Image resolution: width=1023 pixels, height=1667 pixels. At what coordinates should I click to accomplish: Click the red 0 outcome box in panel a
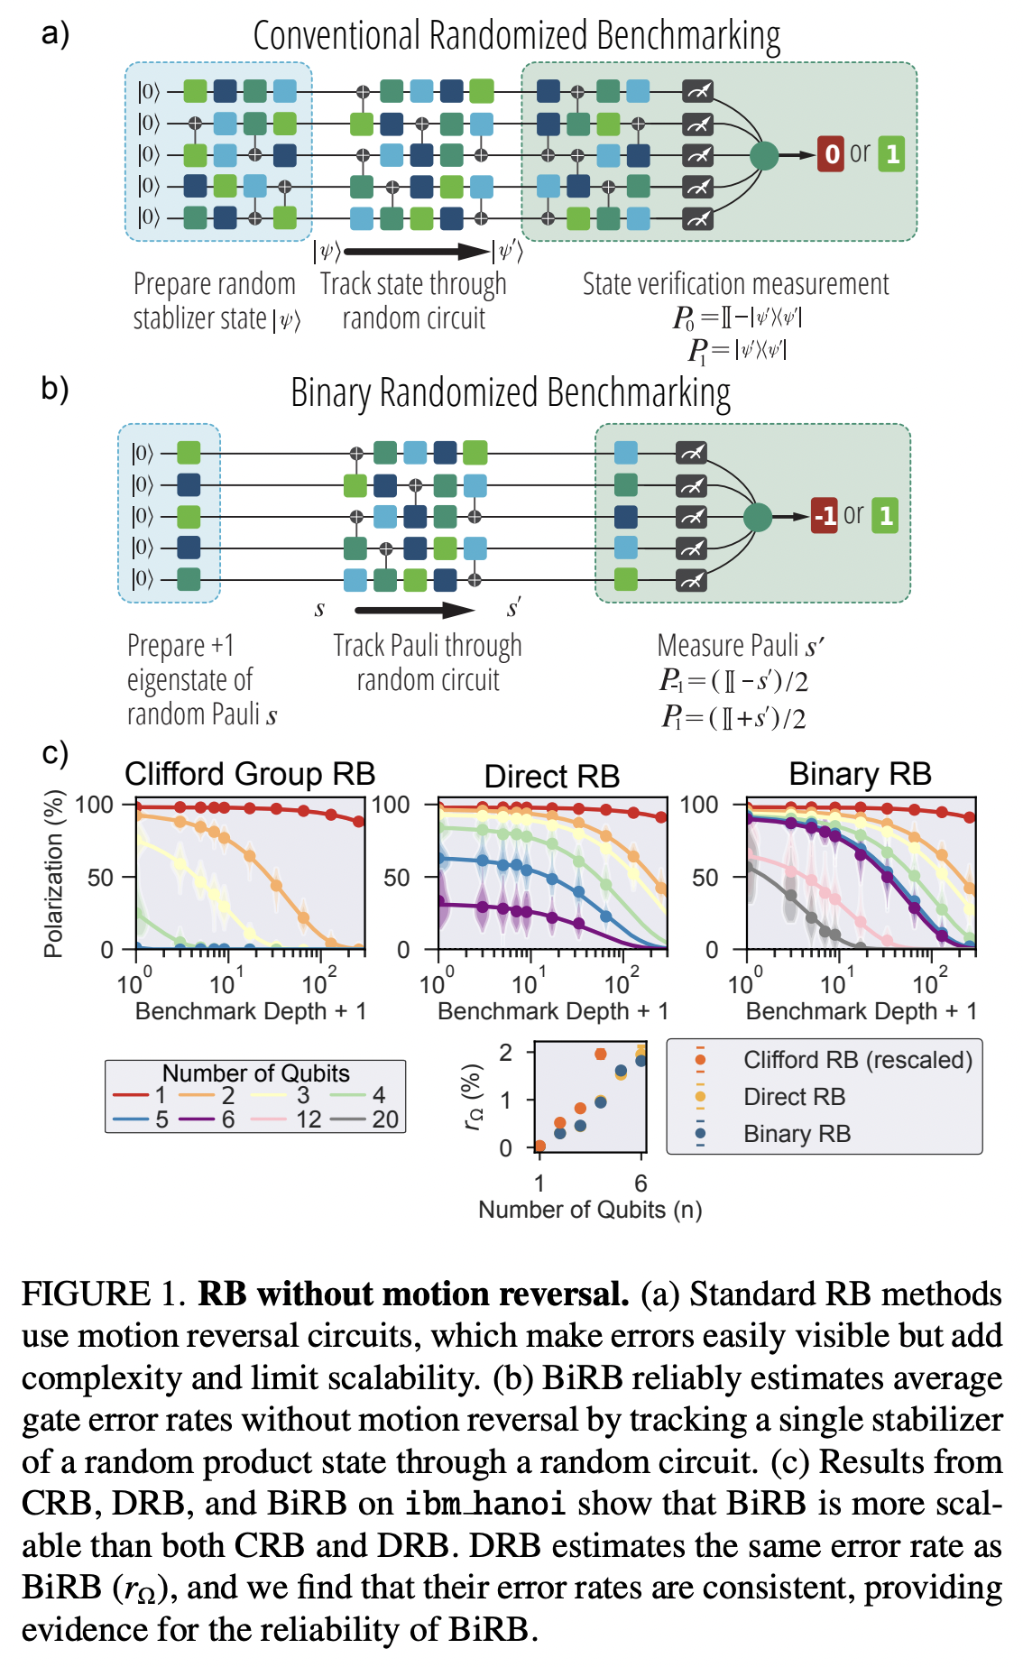click(x=831, y=154)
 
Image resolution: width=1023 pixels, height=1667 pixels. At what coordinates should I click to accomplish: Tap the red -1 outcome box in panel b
click(x=824, y=516)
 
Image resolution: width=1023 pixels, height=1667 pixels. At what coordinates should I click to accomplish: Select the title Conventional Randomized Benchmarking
click(x=516, y=36)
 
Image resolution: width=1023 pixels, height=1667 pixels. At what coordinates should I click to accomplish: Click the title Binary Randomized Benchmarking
click(x=511, y=393)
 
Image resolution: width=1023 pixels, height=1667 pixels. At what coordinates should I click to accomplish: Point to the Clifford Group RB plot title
click(x=250, y=774)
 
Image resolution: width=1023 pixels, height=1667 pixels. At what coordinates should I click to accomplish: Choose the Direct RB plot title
click(x=552, y=776)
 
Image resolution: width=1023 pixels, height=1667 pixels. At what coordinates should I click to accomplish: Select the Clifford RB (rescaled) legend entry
click(x=857, y=1060)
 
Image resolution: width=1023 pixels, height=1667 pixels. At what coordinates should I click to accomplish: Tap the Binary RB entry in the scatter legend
click(x=797, y=1134)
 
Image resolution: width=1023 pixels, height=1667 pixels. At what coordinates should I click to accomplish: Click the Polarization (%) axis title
click(x=54, y=873)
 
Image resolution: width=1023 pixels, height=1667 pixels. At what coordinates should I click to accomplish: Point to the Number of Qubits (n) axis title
click(x=590, y=1210)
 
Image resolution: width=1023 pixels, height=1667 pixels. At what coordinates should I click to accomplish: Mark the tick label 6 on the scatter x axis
click(x=641, y=1183)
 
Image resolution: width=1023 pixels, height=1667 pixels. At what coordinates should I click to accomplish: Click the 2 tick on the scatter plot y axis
click(x=506, y=1053)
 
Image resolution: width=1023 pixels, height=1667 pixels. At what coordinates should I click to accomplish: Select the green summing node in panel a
click(x=763, y=155)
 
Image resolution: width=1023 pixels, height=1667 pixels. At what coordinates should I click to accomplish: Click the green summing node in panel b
click(x=758, y=517)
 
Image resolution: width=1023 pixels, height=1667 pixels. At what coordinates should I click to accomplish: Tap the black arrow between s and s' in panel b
click(x=415, y=611)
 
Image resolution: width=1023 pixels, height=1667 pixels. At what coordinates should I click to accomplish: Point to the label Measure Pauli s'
click(x=741, y=646)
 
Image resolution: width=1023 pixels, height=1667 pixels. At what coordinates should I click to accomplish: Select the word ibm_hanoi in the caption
click(x=485, y=1504)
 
